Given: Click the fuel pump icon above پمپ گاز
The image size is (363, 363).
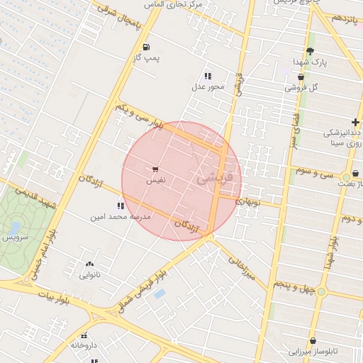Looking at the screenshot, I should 146,48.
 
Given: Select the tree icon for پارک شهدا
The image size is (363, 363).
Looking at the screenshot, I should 310,50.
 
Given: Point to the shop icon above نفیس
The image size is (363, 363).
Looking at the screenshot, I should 155,169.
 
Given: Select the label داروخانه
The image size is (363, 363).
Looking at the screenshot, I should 84,345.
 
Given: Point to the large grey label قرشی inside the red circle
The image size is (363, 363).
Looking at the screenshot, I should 213,179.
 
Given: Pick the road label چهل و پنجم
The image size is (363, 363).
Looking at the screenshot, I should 297,286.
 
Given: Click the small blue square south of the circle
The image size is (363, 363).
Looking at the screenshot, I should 160,294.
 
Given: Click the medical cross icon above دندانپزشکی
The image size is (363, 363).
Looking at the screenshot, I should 354,123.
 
